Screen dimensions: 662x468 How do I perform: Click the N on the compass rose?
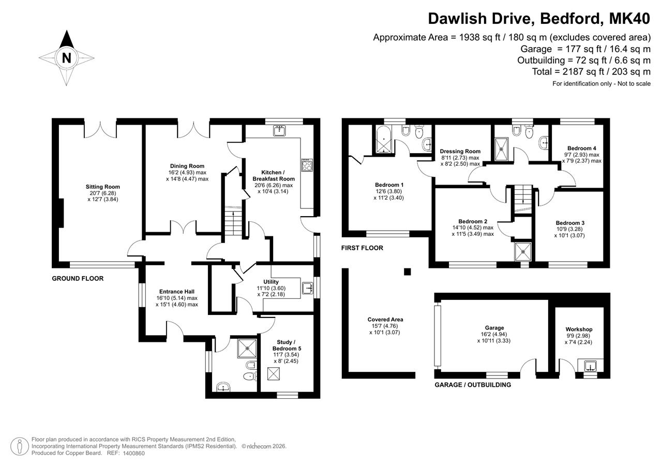67,58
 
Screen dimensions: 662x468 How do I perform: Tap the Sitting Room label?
103,187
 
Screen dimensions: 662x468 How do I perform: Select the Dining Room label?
187,166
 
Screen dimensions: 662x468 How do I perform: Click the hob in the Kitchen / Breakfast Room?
307,165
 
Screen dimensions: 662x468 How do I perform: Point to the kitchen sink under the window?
279,130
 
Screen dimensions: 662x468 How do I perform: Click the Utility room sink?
308,289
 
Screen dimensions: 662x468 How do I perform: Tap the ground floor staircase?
233,221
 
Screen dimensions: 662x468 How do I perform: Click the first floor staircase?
523,199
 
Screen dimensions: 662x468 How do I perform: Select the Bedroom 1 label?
389,185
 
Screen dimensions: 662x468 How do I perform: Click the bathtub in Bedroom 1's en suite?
384,140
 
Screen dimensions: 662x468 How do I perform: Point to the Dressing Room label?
460,152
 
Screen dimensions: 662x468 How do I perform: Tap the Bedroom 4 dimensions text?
582,158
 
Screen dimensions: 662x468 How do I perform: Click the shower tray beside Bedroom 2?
523,252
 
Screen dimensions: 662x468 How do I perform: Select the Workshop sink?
591,366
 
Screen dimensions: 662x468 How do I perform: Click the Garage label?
494,328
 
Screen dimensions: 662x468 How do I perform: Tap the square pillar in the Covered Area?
407,271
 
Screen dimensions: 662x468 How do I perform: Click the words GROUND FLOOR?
78,279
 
